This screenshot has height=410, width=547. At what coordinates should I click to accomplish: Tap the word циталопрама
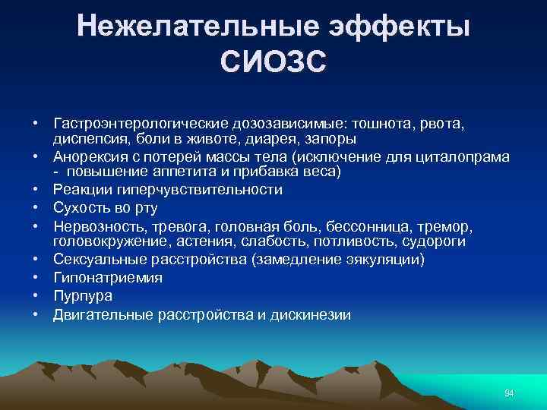click(x=464, y=156)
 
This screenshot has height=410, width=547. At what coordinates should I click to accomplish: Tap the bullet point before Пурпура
click(x=35, y=296)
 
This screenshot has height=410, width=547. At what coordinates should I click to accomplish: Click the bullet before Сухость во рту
click(x=35, y=207)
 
